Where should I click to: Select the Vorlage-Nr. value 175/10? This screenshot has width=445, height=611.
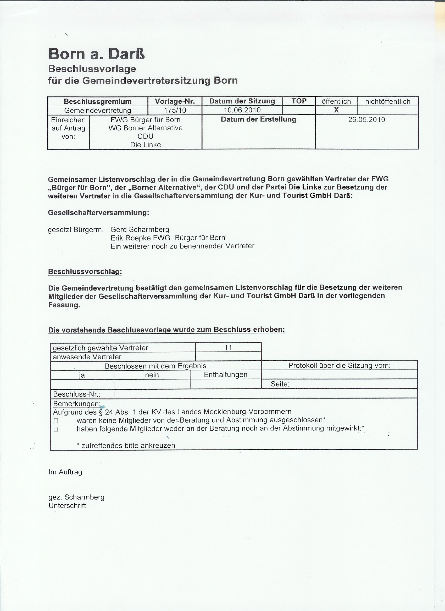pyautogui.click(x=175, y=110)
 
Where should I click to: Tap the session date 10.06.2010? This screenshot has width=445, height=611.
pyautogui.click(x=242, y=110)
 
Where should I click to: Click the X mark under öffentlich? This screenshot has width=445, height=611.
pyautogui.click(x=336, y=110)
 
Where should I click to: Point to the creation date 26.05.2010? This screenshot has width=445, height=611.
pyautogui.click(x=366, y=120)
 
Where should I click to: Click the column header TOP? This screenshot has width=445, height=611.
pyautogui.click(x=299, y=101)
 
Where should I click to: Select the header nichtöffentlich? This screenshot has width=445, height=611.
pyautogui.click(x=387, y=101)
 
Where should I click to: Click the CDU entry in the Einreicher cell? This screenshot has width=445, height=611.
pyautogui.click(x=146, y=136)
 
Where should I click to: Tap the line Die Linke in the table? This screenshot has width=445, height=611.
pyautogui.click(x=146, y=145)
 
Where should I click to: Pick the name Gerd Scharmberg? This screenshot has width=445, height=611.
pyautogui.click(x=140, y=229)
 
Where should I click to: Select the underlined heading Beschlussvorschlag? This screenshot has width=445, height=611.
pyautogui.click(x=85, y=272)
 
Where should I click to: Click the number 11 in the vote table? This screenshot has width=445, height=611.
pyautogui.click(x=228, y=347)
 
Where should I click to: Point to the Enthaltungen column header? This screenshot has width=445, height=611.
pyautogui.click(x=226, y=374)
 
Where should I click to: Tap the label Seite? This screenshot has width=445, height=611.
pyautogui.click(x=280, y=384)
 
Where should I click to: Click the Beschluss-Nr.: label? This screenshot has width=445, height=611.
pyautogui.click(x=77, y=394)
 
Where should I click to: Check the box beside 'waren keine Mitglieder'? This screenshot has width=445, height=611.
pyautogui.click(x=56, y=421)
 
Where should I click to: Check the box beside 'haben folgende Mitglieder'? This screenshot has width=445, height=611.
pyautogui.click(x=56, y=429)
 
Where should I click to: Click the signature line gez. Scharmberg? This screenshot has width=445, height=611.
pyautogui.click(x=76, y=497)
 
